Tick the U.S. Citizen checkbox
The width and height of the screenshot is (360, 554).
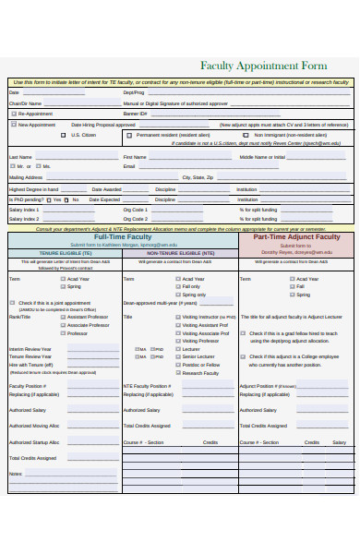point(64,135)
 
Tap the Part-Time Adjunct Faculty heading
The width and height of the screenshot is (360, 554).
point(296,237)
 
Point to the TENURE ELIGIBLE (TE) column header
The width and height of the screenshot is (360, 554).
point(64,252)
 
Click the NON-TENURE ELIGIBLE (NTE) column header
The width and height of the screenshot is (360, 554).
point(180,252)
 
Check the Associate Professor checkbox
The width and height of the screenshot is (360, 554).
point(63,325)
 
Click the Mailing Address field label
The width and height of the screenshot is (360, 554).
point(26,176)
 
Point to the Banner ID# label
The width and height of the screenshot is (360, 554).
point(135,114)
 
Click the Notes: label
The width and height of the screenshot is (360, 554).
point(15,474)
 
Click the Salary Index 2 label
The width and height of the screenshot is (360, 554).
point(24,220)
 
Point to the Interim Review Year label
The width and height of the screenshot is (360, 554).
point(30,348)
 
